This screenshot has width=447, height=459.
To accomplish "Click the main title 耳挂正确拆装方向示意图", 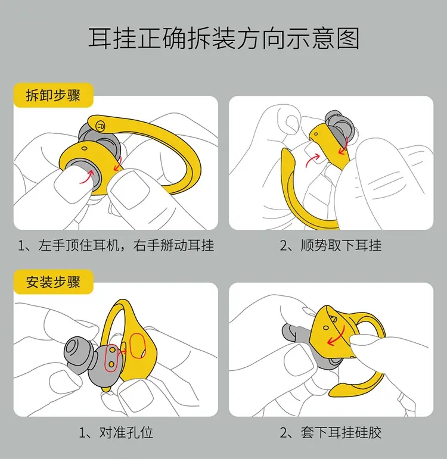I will tap(223, 39).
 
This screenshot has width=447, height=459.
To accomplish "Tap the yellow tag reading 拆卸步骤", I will tap(54, 95).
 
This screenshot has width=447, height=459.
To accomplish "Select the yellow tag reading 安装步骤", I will tap(54, 282).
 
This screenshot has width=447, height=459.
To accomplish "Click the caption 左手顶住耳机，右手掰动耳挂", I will tap(116, 245).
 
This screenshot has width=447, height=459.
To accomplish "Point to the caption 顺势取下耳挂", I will tap(331, 245).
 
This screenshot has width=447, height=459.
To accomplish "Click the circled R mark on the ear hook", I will tap(99, 126).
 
